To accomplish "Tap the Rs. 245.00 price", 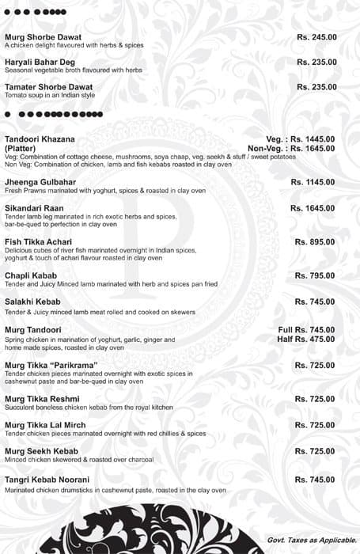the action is coord(316,37).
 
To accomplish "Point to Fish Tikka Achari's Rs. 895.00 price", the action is coord(316,241).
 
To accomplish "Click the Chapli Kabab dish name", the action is coord(31,275).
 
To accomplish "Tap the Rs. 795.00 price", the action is coord(316,275).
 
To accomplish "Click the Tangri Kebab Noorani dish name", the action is coord(47,480).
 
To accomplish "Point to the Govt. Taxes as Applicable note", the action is coord(309,541).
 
